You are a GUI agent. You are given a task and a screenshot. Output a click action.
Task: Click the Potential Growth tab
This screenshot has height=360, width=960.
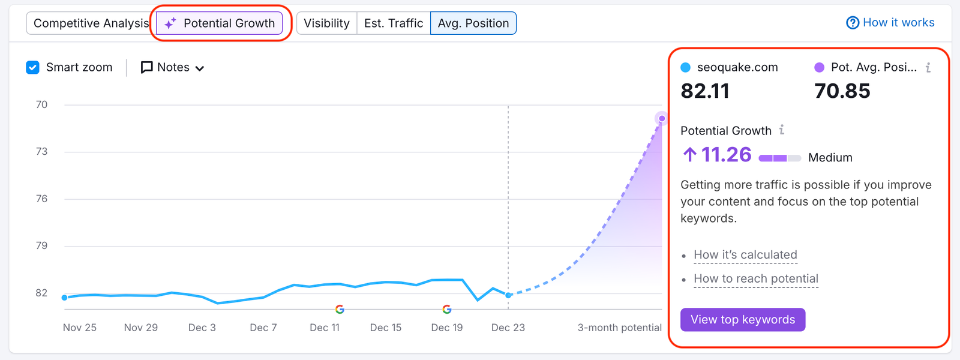coord(220,23)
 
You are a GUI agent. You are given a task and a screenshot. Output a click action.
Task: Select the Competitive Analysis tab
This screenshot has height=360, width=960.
coord(91,23)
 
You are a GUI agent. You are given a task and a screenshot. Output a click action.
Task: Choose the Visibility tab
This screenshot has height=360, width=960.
coord(326,23)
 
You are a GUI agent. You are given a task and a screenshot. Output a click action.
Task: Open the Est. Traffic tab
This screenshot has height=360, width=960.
coord(394,23)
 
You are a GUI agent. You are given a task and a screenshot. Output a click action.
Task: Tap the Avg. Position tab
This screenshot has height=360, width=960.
coord(473,23)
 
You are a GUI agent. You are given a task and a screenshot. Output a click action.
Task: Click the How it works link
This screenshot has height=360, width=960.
coord(890,23)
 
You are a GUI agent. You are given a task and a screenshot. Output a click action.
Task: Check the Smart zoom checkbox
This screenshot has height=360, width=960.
coord(33,67)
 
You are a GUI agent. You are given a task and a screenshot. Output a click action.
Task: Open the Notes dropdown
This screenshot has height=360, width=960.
coord(173,68)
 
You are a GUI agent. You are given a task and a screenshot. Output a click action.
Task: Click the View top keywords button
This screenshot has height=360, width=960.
coord(743,320)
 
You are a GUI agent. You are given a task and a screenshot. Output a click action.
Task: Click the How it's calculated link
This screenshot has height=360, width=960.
coord(745,255)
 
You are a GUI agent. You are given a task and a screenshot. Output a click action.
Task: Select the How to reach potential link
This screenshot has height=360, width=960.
coord(756,279)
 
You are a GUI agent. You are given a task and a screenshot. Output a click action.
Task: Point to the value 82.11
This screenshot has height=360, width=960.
coord(705,91)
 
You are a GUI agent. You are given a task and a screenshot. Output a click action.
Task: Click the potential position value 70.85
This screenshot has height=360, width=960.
coord(842,91)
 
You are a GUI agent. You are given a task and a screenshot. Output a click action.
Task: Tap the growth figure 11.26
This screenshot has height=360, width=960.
coord(726,155)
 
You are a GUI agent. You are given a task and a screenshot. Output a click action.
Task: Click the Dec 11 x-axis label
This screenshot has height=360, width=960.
coord(325,328)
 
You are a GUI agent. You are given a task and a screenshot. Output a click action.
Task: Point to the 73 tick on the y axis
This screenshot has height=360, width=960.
coord(41,152)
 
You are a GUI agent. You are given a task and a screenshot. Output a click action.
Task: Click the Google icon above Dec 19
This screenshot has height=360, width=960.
coord(447,310)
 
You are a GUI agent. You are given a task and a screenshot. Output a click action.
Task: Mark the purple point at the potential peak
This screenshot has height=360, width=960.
coord(662,119)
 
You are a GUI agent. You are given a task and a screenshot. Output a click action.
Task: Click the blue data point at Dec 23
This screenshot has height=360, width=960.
coord(509,295)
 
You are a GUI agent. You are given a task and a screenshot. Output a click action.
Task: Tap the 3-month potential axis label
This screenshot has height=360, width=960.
coord(619,328)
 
